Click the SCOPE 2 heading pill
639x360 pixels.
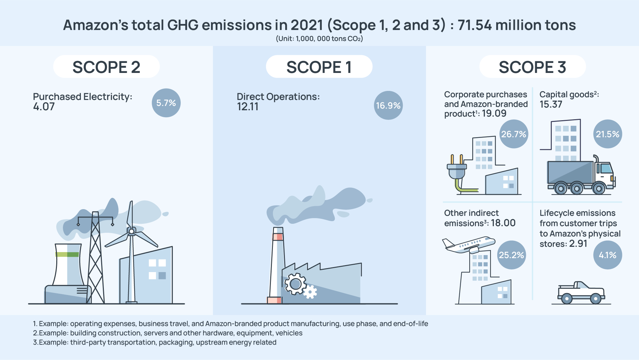point(106,67)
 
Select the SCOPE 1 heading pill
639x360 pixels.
point(319,67)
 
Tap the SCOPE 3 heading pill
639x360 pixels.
point(532,67)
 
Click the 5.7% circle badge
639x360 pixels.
point(166,103)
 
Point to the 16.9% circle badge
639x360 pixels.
point(388,105)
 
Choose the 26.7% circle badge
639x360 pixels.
point(514,134)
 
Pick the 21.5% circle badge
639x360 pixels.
point(608,134)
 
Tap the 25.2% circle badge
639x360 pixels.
point(512,255)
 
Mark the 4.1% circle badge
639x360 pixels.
point(608,255)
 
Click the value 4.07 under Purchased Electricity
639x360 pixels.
point(44,107)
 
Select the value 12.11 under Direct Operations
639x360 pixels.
point(248,107)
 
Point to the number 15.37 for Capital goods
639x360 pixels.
point(551,105)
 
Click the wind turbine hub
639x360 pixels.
point(131,231)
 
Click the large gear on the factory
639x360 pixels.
point(295,284)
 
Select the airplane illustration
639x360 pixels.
point(469,245)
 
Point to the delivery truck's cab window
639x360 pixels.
point(606,168)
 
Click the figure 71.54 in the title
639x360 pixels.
point(475,25)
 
